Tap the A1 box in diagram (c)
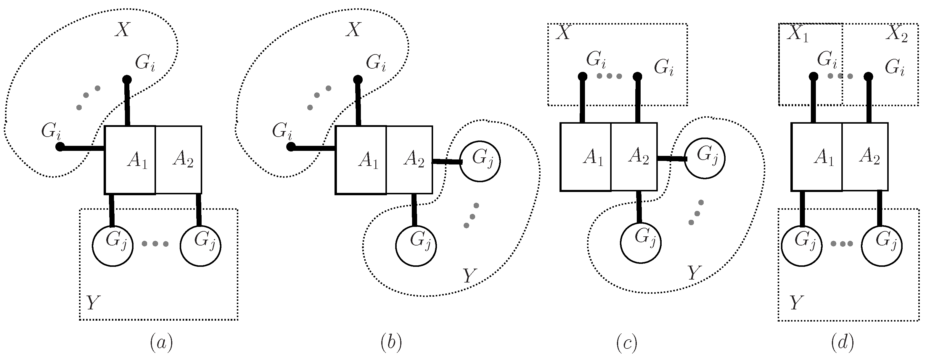coord(586,157)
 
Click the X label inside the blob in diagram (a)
coord(122,30)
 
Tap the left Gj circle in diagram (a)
coord(113,246)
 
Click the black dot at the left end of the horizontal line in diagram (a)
coord(60,147)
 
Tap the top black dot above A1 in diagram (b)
coord(357,79)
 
